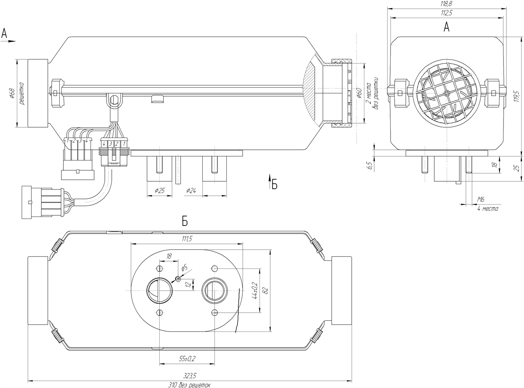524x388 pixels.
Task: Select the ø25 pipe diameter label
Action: pyautogui.click(x=160, y=191)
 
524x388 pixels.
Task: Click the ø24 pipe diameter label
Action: pyautogui.click(x=192, y=191)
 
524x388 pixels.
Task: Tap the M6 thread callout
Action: pyautogui.click(x=481, y=199)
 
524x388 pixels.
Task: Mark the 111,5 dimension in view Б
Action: pyautogui.click(x=186, y=239)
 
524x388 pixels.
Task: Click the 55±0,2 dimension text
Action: pyautogui.click(x=187, y=359)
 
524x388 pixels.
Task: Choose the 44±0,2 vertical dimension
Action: pyautogui.click(x=255, y=291)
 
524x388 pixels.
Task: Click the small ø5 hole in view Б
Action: pyautogui.click(x=178, y=279)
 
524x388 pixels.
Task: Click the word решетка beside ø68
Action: pyautogui.click(x=22, y=93)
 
